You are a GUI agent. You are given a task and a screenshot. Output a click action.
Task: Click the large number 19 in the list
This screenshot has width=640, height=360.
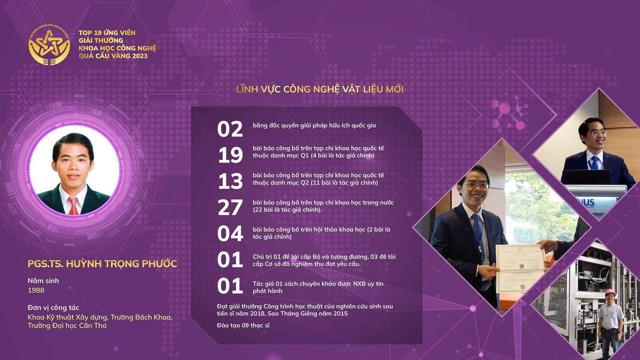pyautogui.click(x=230, y=155)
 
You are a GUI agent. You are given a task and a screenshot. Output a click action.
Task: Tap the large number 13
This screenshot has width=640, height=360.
pyautogui.click(x=230, y=181)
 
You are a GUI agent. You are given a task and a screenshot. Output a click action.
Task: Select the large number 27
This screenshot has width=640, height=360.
pyautogui.click(x=230, y=207)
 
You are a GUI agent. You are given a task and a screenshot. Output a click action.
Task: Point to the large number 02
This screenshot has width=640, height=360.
pyautogui.click(x=230, y=129)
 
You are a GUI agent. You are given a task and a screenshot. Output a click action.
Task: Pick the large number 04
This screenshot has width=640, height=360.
pyautogui.click(x=230, y=234)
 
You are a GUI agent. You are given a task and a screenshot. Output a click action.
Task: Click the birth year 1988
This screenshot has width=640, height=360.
pyautogui.click(x=36, y=290)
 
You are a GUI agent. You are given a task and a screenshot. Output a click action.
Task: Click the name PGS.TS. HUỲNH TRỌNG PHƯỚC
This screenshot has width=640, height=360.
pyautogui.click(x=102, y=263)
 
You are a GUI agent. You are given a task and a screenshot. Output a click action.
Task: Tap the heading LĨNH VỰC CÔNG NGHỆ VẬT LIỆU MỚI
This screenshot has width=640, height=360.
pyautogui.click(x=320, y=90)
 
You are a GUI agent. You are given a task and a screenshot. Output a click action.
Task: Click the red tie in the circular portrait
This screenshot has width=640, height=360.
pyautogui.click(x=73, y=206)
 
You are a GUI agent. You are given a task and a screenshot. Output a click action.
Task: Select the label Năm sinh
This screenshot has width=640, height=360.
pyautogui.click(x=43, y=281)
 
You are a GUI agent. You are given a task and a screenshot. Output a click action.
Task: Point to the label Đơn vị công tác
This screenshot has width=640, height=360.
pyautogui.click(x=54, y=308)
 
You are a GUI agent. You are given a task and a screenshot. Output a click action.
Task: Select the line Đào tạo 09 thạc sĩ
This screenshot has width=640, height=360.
pyautogui.click(x=243, y=326)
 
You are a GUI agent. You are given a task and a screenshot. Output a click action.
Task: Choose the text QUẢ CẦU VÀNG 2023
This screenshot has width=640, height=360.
pyautogui.click(x=113, y=56)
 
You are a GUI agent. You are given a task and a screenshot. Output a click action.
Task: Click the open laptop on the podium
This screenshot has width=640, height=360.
pyautogui.click(x=586, y=177)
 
